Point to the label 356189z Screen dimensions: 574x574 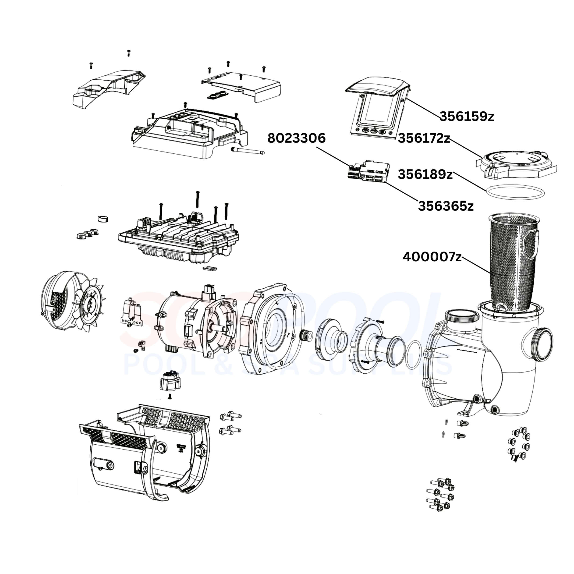coord(425,174)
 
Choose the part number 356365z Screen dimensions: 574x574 coord(446,206)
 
